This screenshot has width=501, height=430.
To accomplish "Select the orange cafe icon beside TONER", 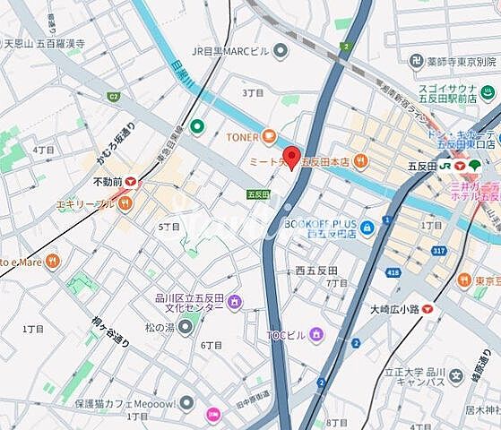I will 269,137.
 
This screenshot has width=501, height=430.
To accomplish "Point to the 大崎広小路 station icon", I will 428,308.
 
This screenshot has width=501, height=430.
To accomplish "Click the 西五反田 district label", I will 315,270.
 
